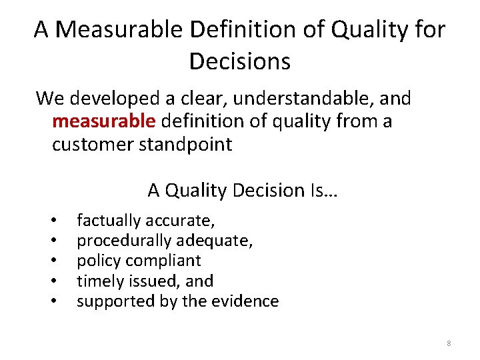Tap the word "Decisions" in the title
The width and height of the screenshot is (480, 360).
click(240, 61)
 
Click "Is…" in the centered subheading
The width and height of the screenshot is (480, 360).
click(324, 191)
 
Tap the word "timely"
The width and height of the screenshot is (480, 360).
click(97, 281)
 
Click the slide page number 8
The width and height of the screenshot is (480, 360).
click(449, 343)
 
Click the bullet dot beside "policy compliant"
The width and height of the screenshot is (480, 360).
click(53, 261)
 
